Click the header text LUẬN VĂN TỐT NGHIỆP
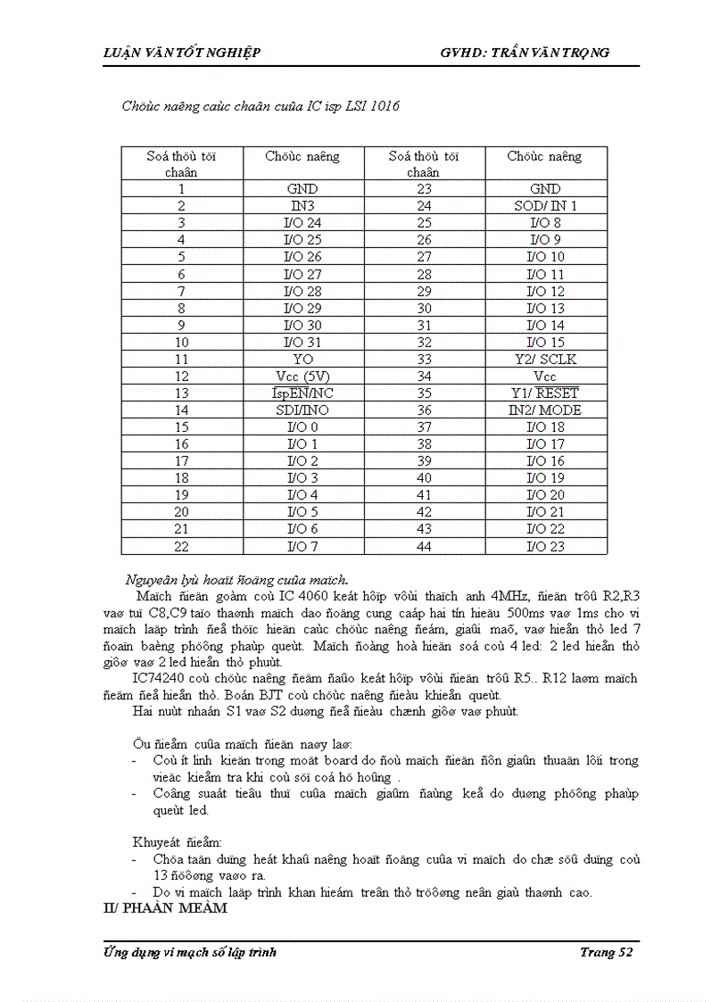[x=182, y=53]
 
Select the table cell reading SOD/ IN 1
[x=545, y=206]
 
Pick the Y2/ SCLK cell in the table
[x=545, y=360]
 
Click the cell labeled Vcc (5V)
[x=302, y=377]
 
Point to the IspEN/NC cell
[x=302, y=393]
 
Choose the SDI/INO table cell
[x=302, y=410]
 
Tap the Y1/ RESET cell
[x=545, y=393]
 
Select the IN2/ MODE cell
[x=545, y=410]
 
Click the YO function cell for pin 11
[x=302, y=360]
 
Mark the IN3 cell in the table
[x=302, y=206]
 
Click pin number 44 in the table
[x=424, y=546]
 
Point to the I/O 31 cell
[x=302, y=343]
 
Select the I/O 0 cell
[x=302, y=427]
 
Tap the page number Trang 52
[x=606, y=953]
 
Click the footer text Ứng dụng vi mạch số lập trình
[x=191, y=953]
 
